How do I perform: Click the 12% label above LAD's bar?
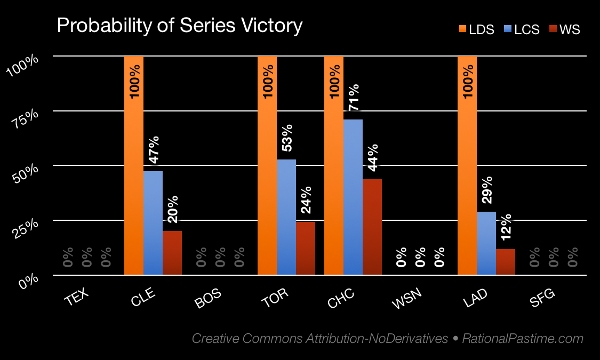506,227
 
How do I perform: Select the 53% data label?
286,138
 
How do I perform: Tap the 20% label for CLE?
172,209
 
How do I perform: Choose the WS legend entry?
564,30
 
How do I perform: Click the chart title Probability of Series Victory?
180,26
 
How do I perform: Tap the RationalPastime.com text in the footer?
523,339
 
